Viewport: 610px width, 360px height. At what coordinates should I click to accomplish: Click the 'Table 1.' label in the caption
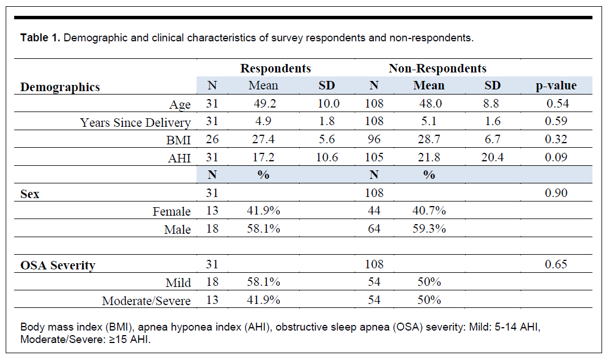pos(40,38)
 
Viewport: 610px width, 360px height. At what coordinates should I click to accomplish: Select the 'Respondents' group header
pos(275,68)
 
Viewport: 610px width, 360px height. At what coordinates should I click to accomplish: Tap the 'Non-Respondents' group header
pos(437,68)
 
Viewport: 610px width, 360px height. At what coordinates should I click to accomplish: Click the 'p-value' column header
pos(556,86)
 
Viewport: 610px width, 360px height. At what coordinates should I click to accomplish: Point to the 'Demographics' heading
pos(60,88)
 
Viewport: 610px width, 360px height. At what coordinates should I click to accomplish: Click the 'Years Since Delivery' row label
pos(135,122)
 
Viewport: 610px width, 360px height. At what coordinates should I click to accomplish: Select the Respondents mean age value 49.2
pos(263,104)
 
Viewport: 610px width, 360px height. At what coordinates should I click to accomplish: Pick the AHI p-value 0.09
pos(556,157)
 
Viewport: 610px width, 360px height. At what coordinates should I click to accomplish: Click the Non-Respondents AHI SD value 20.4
pos(492,157)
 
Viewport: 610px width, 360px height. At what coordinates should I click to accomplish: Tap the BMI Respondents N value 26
pos(212,139)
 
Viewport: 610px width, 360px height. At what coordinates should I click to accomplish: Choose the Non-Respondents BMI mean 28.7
pos(429,139)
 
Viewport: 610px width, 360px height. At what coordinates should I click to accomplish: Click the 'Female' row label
pos(172,212)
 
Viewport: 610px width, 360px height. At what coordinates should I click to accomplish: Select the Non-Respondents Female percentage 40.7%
pos(429,211)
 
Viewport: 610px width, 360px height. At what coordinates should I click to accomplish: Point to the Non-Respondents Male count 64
pos(374,229)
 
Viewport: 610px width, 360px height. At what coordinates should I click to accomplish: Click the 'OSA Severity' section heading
pos(58,265)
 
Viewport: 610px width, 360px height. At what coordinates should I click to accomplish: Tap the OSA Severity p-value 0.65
pos(556,264)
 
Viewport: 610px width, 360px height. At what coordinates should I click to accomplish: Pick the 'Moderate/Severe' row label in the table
pos(146,301)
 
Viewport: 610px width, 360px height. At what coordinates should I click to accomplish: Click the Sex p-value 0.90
pos(556,193)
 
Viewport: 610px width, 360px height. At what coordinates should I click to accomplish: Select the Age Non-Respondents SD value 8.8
pos(492,104)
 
